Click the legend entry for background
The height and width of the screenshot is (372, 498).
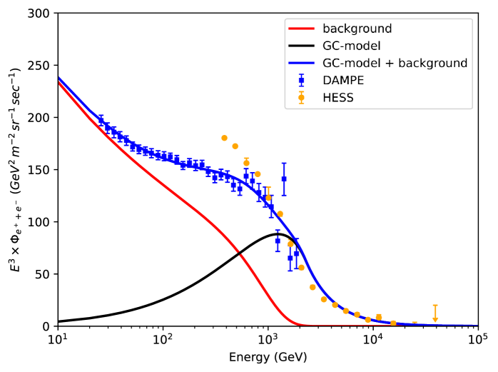tap(357, 29)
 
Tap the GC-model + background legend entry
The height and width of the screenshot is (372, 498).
tap(395, 63)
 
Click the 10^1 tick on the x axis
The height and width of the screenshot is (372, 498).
tap(58, 338)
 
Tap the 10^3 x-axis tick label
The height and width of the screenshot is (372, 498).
tap(268, 338)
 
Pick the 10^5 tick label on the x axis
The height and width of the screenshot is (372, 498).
tap(477, 338)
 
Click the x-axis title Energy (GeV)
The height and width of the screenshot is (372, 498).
tap(268, 356)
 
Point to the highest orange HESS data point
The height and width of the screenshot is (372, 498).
tap(224, 138)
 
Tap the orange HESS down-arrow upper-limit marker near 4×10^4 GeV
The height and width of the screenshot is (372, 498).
tap(435, 318)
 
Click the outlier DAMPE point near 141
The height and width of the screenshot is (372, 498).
tap(284, 179)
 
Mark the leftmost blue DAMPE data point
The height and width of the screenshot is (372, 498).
tap(101, 121)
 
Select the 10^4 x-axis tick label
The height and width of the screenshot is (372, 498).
tap(372, 338)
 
